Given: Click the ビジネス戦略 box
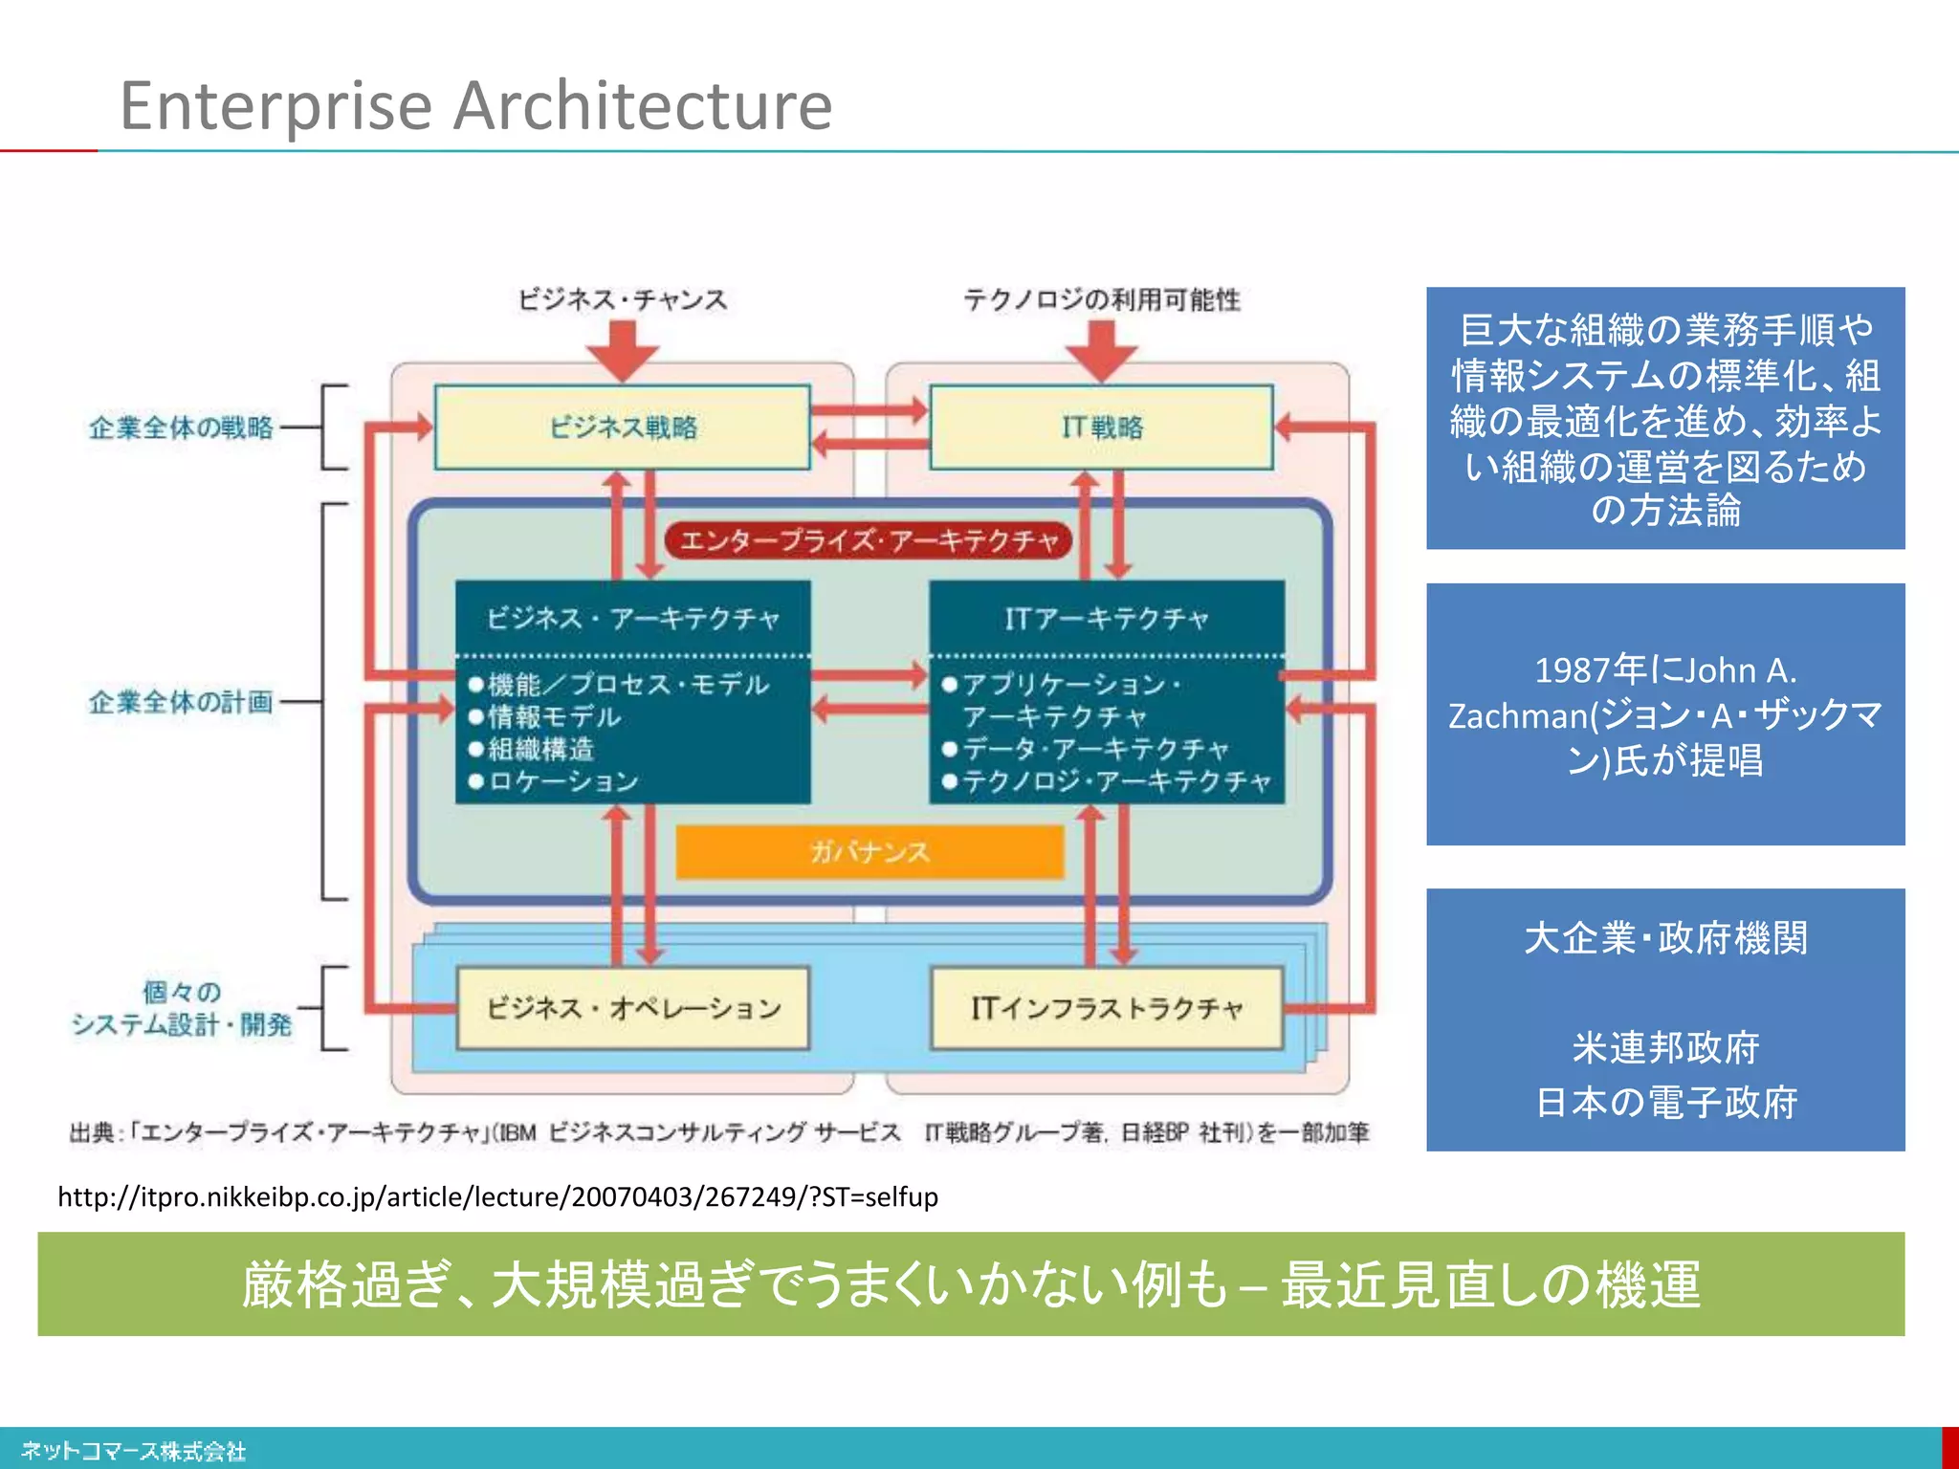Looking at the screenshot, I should (x=623, y=427).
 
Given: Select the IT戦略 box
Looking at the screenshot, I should (x=1101, y=427).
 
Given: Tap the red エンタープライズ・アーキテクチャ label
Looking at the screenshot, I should (x=869, y=541).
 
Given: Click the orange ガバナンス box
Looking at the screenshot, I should (x=869, y=851).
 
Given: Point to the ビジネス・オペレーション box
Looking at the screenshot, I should (x=633, y=1008).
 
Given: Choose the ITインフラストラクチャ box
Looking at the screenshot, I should (x=1107, y=1008).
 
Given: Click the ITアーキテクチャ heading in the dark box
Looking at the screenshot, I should (x=1107, y=619).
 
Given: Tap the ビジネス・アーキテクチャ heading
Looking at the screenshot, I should (x=633, y=619).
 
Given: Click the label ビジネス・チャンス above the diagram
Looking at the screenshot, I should (x=623, y=299).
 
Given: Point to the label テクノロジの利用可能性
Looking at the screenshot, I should (x=1101, y=299).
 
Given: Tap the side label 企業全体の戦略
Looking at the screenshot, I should (x=181, y=427).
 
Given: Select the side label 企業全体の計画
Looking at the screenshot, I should (x=181, y=702).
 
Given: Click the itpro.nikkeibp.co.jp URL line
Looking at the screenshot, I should (x=497, y=1196).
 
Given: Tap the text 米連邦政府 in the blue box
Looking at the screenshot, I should (x=1665, y=1048).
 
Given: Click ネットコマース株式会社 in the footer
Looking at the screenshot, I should (x=133, y=1451).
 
